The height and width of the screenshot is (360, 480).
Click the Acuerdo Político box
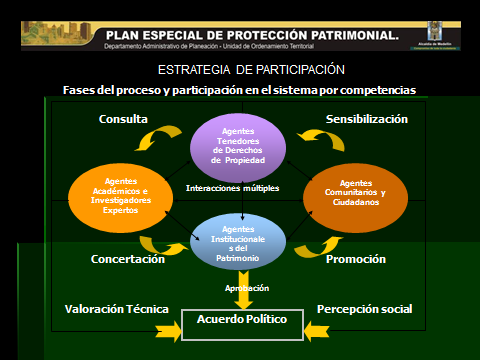click(241, 320)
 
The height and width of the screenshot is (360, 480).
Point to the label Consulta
click(123, 119)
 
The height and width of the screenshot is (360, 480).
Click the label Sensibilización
click(367, 119)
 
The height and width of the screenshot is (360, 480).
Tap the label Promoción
click(355, 259)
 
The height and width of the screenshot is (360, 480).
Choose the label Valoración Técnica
click(116, 309)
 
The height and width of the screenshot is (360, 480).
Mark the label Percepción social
click(364, 309)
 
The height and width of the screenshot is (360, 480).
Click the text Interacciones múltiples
click(232, 188)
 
